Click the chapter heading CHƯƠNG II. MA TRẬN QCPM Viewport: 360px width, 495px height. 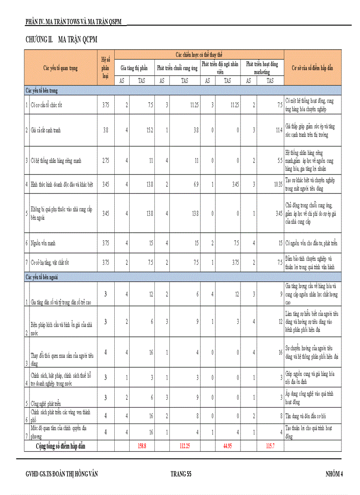(61, 40)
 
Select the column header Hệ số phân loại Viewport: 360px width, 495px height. (105, 67)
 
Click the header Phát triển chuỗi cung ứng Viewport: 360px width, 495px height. (177, 68)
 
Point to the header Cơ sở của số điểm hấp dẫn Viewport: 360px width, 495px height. (312, 68)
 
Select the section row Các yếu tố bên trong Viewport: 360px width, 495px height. (42, 90)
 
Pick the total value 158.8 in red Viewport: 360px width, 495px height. (142, 446)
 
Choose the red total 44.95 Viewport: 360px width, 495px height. (228, 446)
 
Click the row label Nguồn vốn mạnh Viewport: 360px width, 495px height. (43, 243)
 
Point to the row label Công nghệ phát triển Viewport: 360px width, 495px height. (46, 403)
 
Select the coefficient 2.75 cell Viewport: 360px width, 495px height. (105, 161)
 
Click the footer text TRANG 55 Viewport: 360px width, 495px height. (180, 474)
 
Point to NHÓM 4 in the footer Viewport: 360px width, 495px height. (334, 474)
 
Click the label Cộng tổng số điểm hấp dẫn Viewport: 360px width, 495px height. (60, 446)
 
